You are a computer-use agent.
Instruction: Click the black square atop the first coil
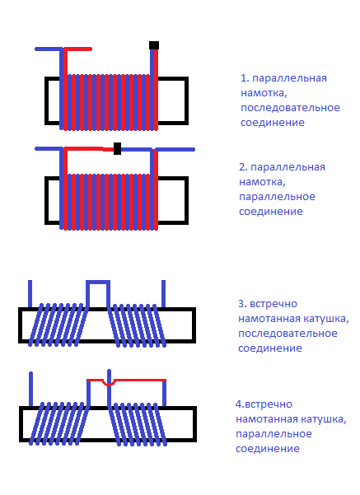(x=154, y=45)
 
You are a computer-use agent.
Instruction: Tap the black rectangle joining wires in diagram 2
(x=117, y=148)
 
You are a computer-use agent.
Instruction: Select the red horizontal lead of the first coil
(x=78, y=49)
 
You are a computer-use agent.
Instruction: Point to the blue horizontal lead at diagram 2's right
(x=175, y=149)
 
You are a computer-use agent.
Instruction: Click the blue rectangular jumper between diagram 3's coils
(x=98, y=282)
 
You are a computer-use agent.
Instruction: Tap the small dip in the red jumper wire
(x=108, y=383)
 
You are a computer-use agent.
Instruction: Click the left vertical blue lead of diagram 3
(x=30, y=293)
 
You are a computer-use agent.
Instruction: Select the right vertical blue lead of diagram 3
(x=163, y=293)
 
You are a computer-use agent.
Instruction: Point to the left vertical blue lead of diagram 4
(x=30, y=389)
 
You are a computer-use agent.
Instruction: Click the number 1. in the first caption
(x=245, y=78)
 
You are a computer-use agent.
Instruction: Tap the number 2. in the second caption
(x=243, y=167)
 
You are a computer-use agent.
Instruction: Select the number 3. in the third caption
(x=242, y=304)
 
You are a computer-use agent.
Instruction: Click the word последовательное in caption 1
(x=290, y=108)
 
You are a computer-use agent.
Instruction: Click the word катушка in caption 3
(x=326, y=319)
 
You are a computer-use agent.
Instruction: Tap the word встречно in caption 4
(x=269, y=404)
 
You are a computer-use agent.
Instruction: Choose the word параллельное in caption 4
(x=274, y=434)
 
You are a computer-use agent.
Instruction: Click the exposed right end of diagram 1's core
(x=173, y=100)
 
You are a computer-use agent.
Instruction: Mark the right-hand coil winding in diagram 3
(x=138, y=325)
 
